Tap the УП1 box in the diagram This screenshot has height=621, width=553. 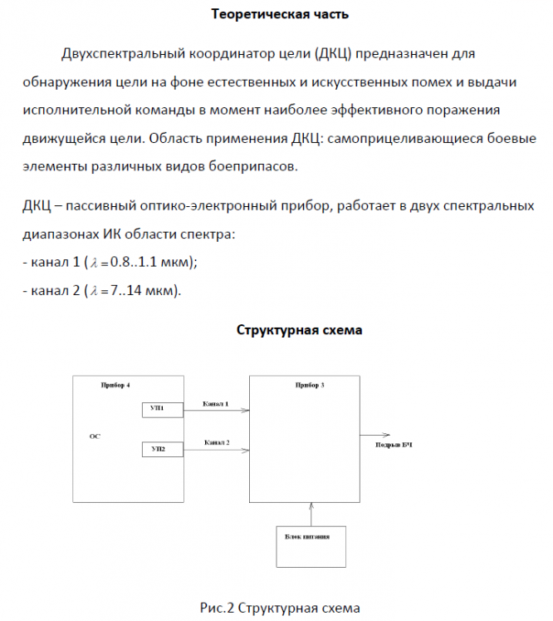159,408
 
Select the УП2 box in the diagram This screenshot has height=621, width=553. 159,449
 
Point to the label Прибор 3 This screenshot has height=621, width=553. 310,387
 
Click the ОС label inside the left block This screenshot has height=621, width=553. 94,436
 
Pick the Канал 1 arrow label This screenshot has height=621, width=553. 216,403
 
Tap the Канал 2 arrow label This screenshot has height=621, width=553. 217,443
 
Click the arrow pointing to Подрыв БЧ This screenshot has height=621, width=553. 377,435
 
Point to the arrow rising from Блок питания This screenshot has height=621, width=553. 311,513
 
